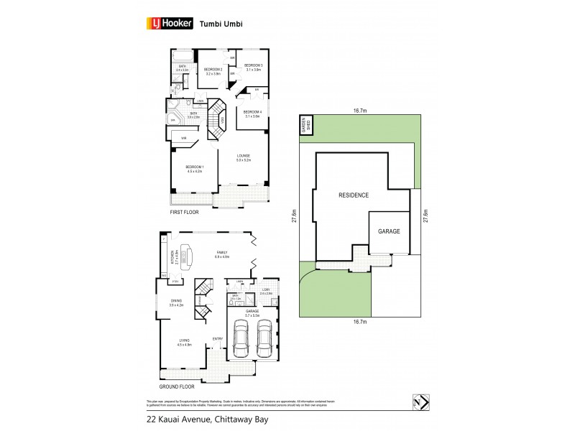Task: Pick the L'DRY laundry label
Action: pos(265,291)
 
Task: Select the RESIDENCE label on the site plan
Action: pos(354,195)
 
